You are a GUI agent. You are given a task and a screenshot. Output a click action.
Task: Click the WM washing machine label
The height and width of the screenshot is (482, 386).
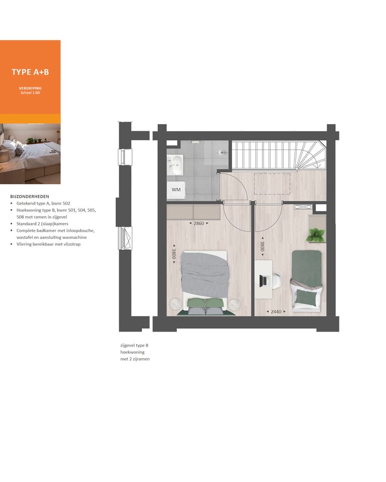pos(176,190)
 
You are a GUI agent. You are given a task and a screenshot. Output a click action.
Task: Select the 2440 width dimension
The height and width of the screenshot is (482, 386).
pos(275,311)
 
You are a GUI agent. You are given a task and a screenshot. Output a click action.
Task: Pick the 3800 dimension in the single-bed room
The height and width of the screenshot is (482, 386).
pos(262,247)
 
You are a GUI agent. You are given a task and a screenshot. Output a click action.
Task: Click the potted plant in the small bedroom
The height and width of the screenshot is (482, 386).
pos(317,234)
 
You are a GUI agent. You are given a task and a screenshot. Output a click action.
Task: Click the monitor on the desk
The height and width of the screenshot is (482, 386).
pos(264,280)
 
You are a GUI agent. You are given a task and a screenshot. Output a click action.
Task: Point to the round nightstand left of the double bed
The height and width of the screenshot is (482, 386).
pos(176,304)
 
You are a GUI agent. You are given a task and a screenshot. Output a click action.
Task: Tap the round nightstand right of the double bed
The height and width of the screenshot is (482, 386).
pos(234,304)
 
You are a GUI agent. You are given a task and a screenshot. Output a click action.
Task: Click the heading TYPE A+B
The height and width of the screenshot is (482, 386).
pos(30,72)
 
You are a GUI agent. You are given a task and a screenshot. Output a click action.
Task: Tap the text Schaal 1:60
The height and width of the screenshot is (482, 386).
pos(30,93)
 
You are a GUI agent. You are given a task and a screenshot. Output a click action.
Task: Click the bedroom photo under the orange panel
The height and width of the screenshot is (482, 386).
pos(30,153)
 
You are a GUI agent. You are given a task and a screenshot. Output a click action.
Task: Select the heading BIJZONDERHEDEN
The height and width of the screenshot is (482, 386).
pos(29,197)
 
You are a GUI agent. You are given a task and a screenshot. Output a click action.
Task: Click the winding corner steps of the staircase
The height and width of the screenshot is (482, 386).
pos(314,156)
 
